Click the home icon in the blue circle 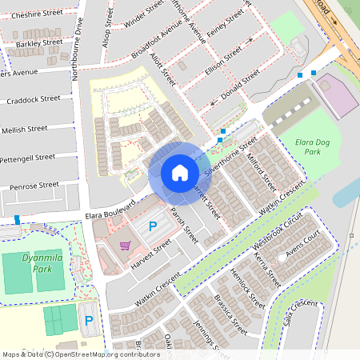[x=179, y=173]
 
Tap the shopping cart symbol [x=125, y=246]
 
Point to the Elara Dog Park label [x=308, y=146]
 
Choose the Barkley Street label [x=39, y=42]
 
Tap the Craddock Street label [x=34, y=99]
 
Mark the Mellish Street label [x=25, y=129]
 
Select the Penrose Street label [x=34, y=186]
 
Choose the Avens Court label [x=304, y=245]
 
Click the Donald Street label [x=239, y=82]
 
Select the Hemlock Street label [x=247, y=289]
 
